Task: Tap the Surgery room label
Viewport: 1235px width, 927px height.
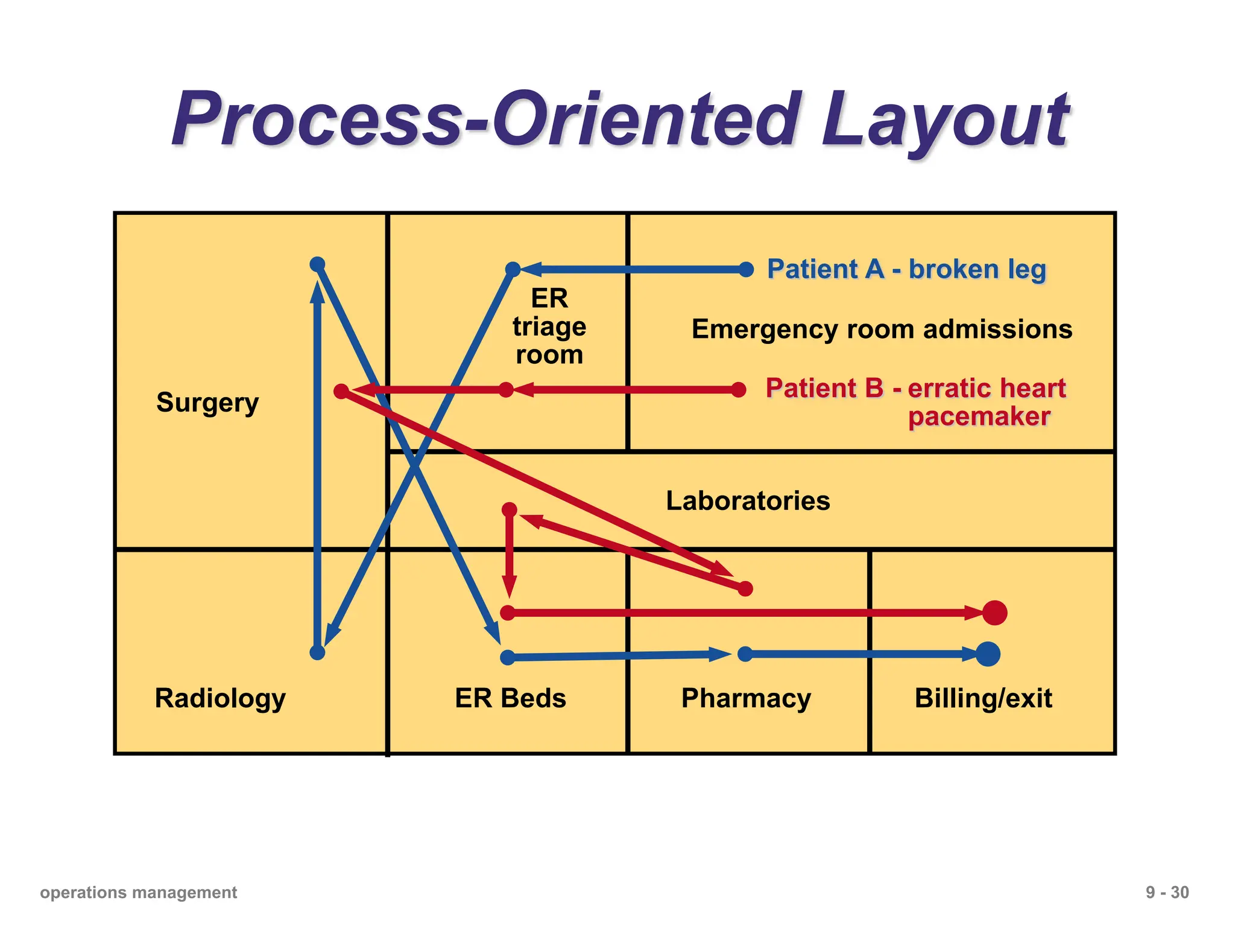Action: (x=207, y=403)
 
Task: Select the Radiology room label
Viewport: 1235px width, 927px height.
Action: (x=220, y=698)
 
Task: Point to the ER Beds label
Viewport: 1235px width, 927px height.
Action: (x=510, y=698)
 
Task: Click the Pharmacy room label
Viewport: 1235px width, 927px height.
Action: (x=746, y=698)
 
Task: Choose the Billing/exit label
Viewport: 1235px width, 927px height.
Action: (x=983, y=698)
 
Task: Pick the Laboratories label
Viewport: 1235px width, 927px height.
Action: (x=748, y=501)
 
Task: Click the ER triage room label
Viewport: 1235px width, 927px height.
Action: (x=549, y=327)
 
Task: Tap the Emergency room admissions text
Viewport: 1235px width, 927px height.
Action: (x=882, y=330)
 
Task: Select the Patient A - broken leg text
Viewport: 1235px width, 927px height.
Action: (x=906, y=269)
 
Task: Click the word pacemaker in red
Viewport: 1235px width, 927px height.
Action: (x=979, y=416)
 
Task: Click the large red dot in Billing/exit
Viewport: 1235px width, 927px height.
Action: (x=994, y=613)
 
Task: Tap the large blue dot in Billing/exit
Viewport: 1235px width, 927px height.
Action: (x=988, y=654)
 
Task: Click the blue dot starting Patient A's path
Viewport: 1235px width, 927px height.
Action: (x=746, y=270)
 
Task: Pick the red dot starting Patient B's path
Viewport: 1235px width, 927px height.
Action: (x=739, y=390)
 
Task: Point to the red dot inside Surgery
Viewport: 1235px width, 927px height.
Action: (x=341, y=392)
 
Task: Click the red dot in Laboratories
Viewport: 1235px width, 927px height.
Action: (x=510, y=510)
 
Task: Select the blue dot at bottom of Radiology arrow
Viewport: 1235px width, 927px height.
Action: (x=317, y=652)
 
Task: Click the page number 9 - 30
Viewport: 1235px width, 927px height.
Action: (x=1167, y=893)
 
